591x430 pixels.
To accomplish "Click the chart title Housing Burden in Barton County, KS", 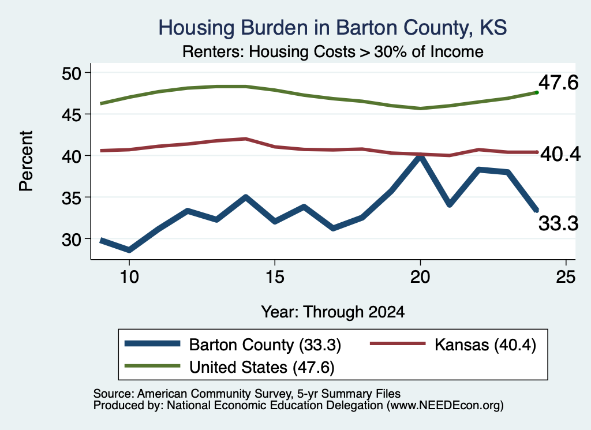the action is point(332,28).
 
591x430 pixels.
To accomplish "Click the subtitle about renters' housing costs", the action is point(333,51).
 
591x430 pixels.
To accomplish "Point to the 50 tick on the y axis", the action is point(71,73).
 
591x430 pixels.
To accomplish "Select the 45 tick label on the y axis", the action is point(71,114).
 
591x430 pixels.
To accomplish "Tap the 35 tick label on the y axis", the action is point(71,197).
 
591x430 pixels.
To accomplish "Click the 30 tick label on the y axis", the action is point(71,239).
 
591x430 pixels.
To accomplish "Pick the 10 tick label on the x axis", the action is point(129,277).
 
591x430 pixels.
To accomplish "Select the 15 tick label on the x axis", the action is point(275,277).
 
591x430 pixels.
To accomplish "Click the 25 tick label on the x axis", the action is point(566,277).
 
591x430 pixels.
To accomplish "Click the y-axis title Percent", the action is point(27,161).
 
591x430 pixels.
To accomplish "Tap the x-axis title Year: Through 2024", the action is point(333,312).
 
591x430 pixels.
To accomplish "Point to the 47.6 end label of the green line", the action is point(558,83).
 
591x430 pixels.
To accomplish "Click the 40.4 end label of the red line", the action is point(560,154).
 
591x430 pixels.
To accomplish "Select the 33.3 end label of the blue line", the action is point(558,223).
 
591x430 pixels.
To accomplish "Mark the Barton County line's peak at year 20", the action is point(420,156).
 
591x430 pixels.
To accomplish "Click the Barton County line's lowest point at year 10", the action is point(129,249).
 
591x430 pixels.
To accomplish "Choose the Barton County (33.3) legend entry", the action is point(233,345).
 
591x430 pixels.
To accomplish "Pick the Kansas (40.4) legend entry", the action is point(453,345).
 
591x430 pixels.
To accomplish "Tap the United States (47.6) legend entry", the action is point(230,367).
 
